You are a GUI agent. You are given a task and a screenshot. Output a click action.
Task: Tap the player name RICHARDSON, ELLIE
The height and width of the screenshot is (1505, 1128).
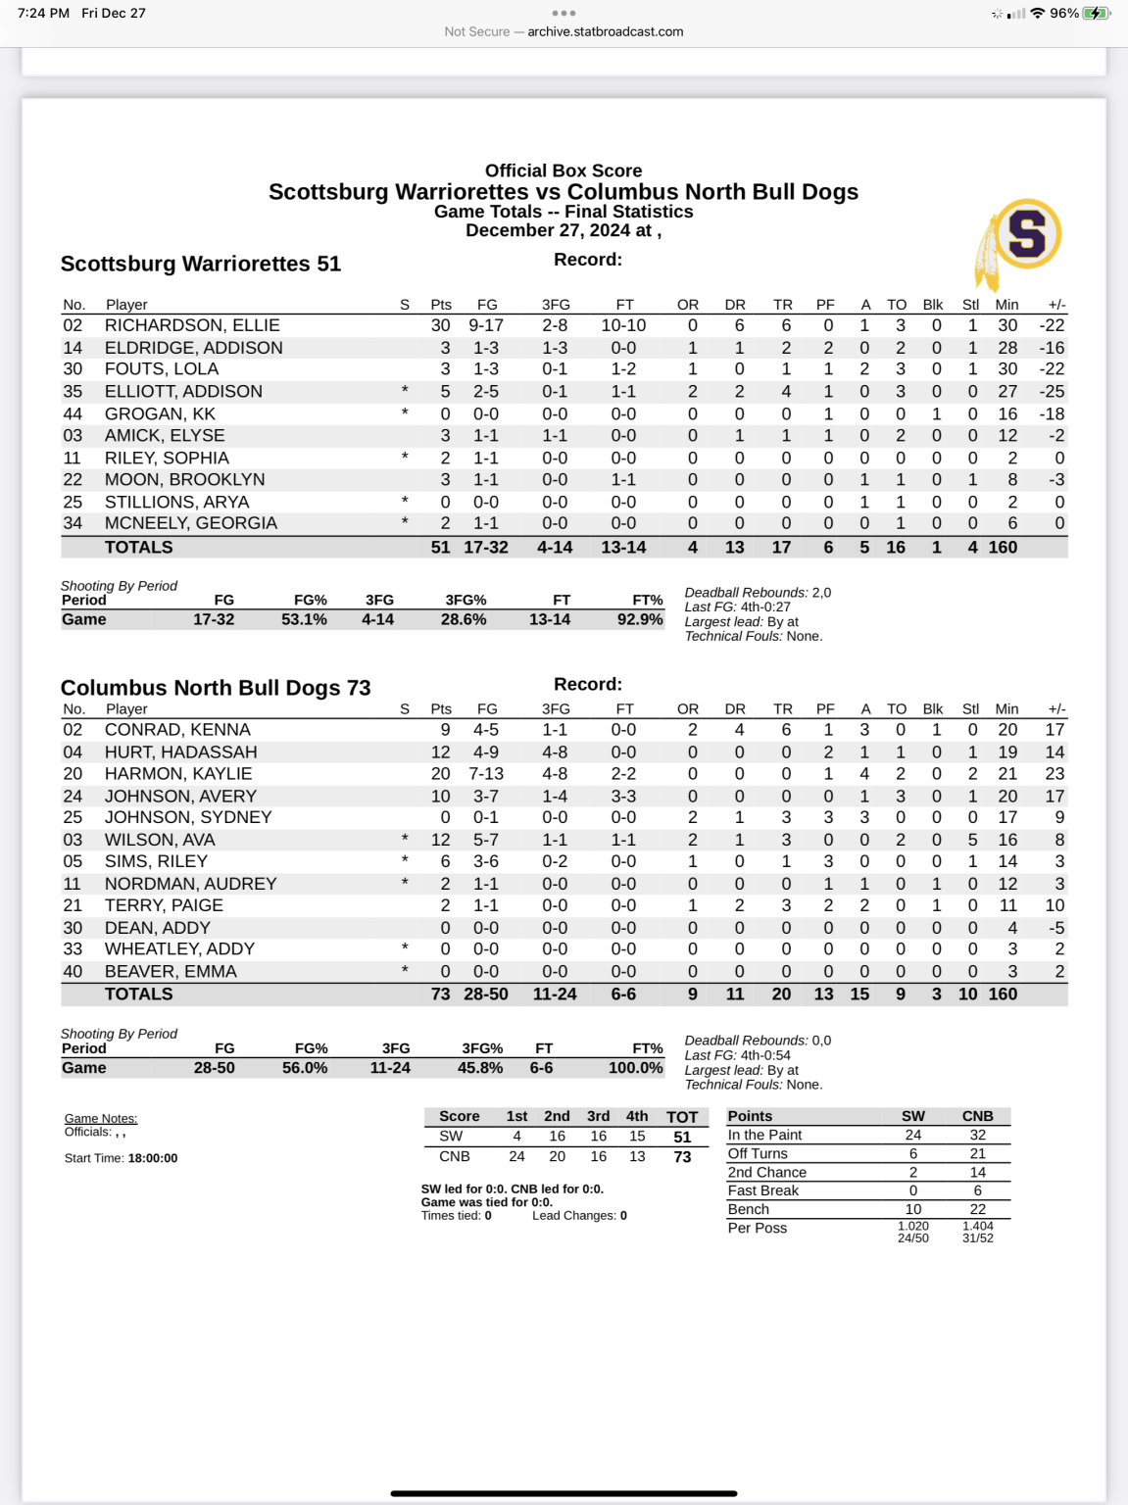pos(192,325)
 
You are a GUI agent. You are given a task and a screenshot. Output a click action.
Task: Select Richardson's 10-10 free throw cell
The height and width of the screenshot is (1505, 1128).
pos(623,325)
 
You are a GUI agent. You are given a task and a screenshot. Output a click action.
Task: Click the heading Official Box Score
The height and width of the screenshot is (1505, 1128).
pos(564,170)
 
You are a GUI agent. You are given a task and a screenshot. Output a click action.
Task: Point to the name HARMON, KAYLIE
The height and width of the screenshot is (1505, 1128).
pos(178,774)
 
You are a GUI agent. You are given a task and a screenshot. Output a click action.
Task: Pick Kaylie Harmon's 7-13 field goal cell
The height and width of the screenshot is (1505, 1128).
pos(486,774)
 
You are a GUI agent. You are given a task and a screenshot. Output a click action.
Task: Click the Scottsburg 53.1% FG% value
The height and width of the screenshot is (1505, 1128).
pos(304,619)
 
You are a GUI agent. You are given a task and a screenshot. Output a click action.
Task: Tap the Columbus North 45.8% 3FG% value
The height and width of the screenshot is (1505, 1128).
pos(480,1068)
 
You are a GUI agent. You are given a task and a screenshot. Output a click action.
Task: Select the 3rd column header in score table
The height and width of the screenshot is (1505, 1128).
pos(598,1116)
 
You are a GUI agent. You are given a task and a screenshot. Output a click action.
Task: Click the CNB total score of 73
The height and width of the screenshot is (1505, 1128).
pos(682,1157)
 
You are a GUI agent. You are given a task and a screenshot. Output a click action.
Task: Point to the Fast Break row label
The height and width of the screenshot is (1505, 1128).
pos(763,1190)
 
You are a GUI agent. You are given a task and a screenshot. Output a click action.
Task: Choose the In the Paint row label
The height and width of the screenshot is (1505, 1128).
pos(764,1135)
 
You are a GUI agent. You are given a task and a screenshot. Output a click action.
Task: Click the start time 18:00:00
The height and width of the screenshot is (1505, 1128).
pos(153,1158)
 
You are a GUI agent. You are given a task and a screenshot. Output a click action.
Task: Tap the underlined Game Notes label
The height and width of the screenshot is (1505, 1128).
pos(101,1119)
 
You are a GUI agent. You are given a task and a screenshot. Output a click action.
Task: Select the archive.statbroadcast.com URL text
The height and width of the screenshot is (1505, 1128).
pos(605,31)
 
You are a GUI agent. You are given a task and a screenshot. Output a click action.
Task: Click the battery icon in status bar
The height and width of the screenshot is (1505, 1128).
pos(1096,14)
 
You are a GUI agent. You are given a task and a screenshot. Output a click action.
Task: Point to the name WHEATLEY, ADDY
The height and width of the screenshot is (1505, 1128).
pos(179,949)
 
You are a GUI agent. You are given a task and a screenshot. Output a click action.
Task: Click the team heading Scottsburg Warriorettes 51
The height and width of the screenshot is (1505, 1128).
pos(201,264)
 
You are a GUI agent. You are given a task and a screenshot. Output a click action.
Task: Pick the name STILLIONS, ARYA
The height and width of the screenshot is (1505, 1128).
pos(176,502)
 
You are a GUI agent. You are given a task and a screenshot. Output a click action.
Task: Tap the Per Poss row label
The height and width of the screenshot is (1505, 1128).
pos(758,1228)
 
